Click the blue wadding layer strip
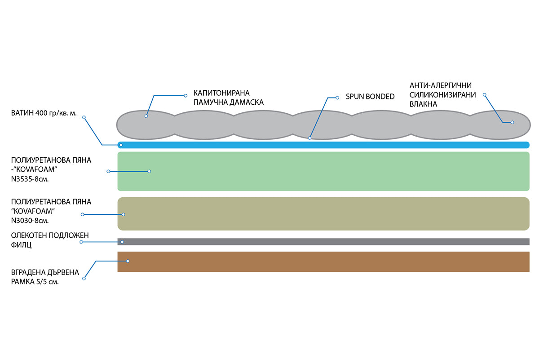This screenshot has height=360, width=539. pyautogui.click(x=323, y=145)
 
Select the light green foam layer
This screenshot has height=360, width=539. pyautogui.click(x=323, y=171)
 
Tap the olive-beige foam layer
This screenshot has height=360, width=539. pyautogui.click(x=323, y=214)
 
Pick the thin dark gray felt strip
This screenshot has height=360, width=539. pyautogui.click(x=323, y=242)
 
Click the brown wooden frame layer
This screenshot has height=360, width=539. pyautogui.click(x=323, y=262)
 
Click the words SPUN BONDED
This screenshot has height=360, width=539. pyautogui.click(x=370, y=97)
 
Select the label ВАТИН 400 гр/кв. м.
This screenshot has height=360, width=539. pyautogui.click(x=44, y=113)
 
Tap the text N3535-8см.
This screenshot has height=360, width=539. pyautogui.click(x=30, y=179)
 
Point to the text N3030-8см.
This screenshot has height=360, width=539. pyautogui.click(x=30, y=221)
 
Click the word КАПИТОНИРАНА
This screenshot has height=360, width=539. pyautogui.click(x=221, y=93)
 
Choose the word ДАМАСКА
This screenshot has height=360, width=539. pyautogui.click(x=247, y=102)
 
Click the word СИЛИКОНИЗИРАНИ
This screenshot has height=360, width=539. pyautogui.click(x=443, y=95)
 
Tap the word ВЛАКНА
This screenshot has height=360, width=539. pyautogui.click(x=423, y=104)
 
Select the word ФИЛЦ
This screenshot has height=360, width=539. pyautogui.click(x=21, y=245)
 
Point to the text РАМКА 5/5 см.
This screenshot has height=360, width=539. pyautogui.click(x=35, y=282)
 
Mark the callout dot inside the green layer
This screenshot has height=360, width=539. pyautogui.click(x=149, y=171)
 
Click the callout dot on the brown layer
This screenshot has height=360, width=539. pyautogui.click(x=128, y=261)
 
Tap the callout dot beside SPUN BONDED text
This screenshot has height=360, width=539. pyautogui.click(x=337, y=98)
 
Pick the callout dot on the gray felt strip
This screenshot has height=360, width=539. pyautogui.click(x=122, y=242)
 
